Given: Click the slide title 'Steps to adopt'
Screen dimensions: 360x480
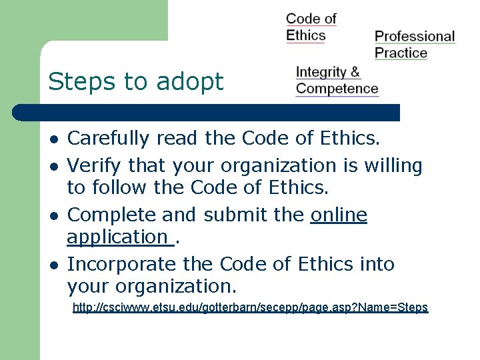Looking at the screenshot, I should coord(136,82).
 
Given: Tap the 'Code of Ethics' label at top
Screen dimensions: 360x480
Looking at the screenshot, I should coord(311,27).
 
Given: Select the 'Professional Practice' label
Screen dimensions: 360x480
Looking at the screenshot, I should coord(414,44).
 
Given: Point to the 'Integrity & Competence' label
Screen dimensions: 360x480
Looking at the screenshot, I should coord(337,80).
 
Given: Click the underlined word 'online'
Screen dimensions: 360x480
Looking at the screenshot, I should coord(339,215).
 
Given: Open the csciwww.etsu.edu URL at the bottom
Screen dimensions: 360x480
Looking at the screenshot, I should coord(250,308).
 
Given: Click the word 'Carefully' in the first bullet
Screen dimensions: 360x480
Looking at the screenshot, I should coord(109,139).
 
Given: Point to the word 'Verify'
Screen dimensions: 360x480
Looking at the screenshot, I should coord(95,165).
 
